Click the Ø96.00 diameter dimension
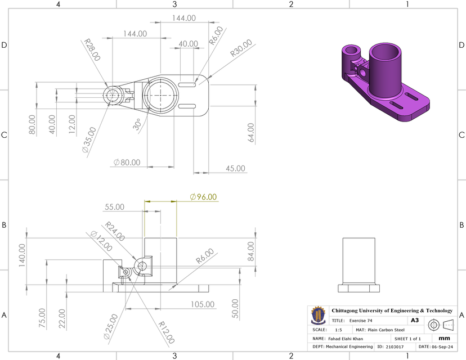(x=203, y=197)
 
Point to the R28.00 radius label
(x=92, y=49)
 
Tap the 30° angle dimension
(x=137, y=124)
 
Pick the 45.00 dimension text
(x=235, y=168)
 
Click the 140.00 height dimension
(x=23, y=256)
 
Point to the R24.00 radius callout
(x=115, y=231)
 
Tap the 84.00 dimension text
(x=250, y=254)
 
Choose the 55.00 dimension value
(x=115, y=207)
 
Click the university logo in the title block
(x=318, y=315)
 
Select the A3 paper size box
(x=415, y=320)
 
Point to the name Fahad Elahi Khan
(x=346, y=339)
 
